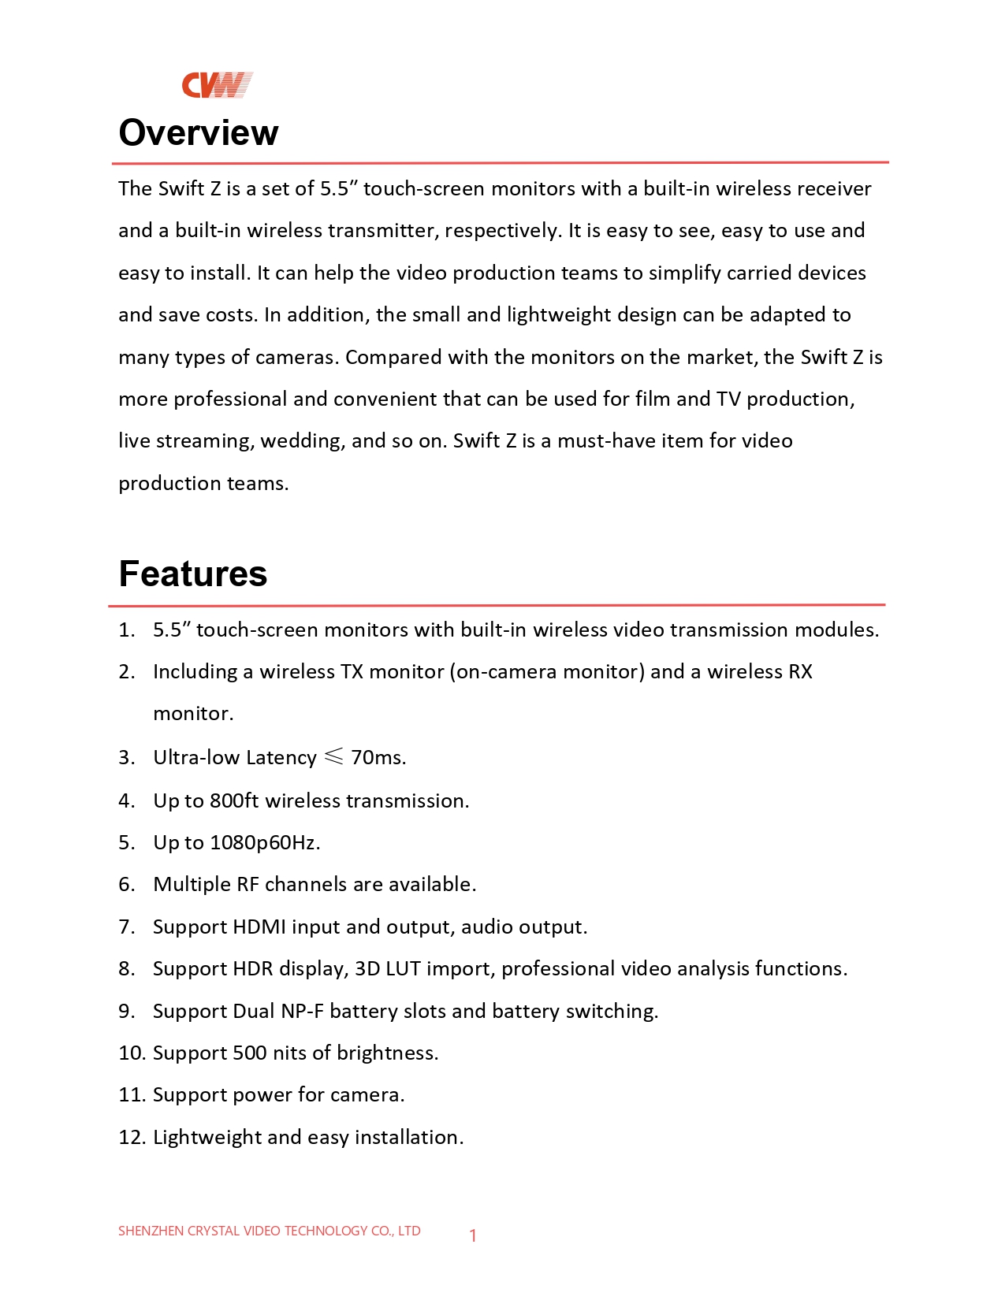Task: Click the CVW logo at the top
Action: [x=217, y=85]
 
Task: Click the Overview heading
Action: [x=199, y=132]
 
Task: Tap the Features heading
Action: [x=193, y=574]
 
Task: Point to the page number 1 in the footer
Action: [x=473, y=1235]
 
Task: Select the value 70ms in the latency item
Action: [x=377, y=757]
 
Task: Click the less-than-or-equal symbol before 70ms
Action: [x=334, y=756]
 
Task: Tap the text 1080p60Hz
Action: [x=264, y=842]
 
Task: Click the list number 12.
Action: [x=131, y=1137]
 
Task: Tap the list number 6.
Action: [x=127, y=884]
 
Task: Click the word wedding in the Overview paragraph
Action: [x=301, y=440]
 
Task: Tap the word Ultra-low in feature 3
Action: [x=196, y=757]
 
